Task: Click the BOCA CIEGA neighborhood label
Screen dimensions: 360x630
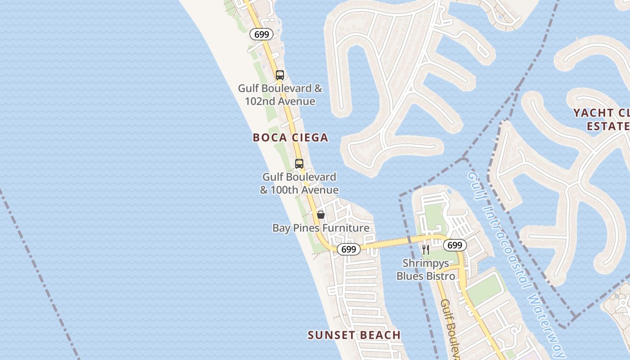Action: coord(290,138)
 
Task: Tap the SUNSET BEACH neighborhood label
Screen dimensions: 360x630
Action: coord(354,335)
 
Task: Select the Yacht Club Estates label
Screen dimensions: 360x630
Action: coord(601,119)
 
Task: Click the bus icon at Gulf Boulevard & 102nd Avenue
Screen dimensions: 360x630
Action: coord(280,75)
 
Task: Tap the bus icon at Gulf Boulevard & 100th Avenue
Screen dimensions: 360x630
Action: coord(299,164)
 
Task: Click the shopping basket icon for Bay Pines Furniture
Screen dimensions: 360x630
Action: coord(320,215)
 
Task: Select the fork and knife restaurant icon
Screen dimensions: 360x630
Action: coord(425,249)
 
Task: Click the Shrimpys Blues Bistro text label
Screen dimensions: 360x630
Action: coord(426,269)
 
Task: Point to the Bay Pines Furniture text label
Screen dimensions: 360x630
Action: coord(321,228)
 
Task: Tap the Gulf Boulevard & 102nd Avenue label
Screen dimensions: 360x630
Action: coord(280,95)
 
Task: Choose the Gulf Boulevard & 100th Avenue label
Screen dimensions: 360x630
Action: coord(299,184)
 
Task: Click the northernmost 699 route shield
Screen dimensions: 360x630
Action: coord(261,34)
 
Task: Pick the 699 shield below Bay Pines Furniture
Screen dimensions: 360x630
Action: coord(349,249)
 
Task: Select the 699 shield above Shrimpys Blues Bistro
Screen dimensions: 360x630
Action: coord(455,245)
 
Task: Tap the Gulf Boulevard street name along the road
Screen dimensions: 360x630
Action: coord(451,328)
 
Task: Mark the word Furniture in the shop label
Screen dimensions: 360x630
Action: coord(345,228)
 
